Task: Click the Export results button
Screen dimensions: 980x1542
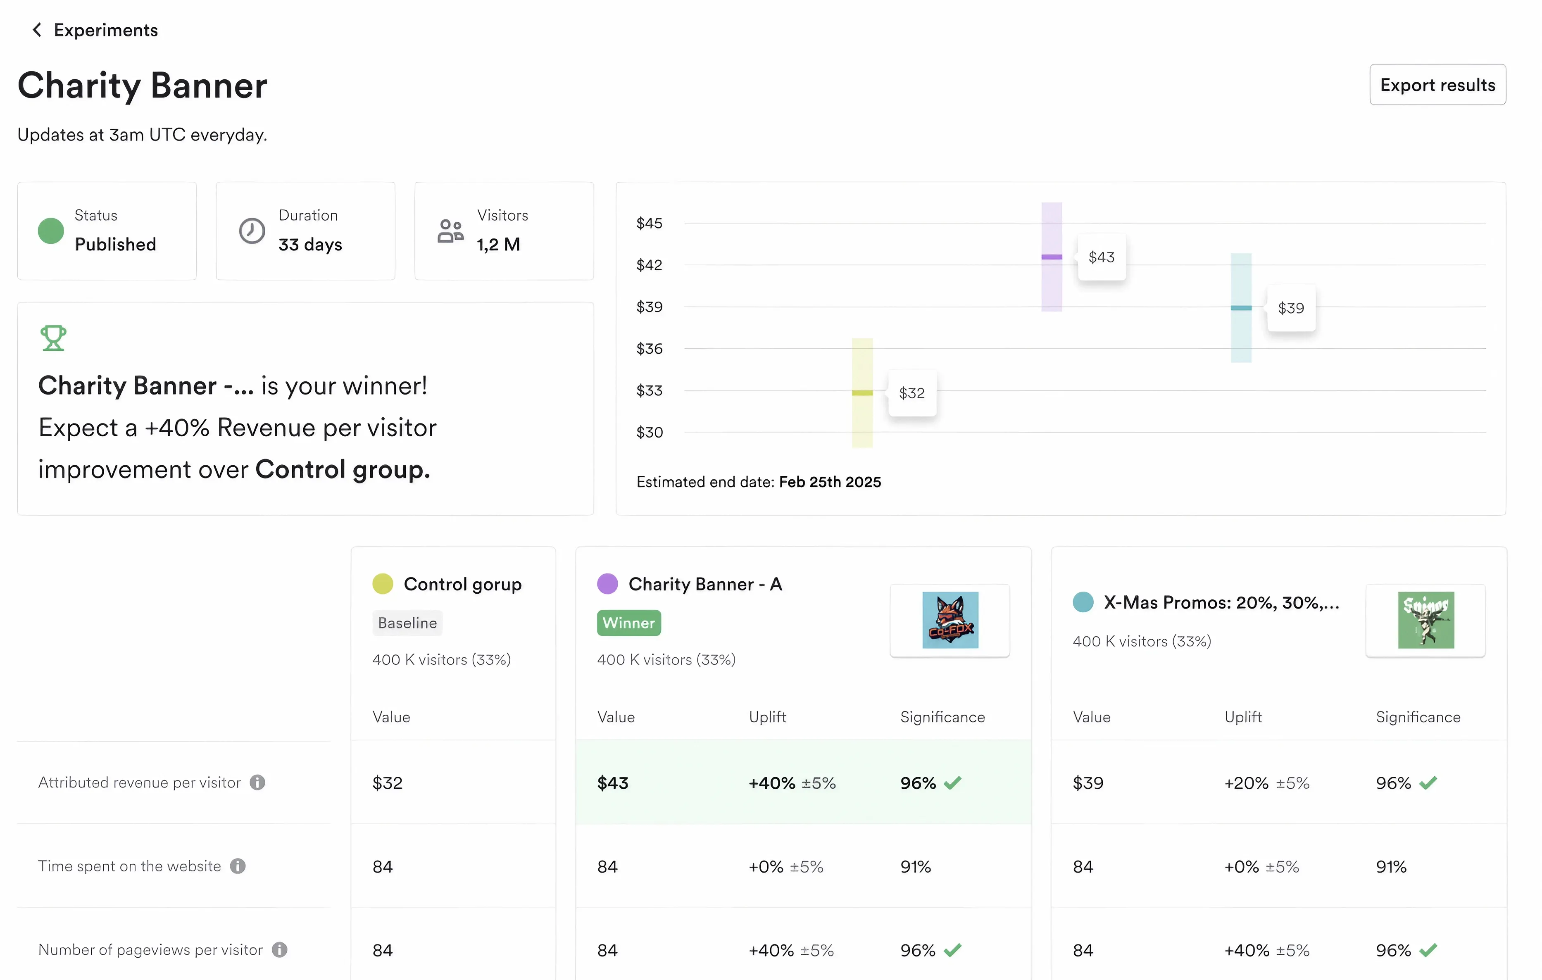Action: coord(1437,85)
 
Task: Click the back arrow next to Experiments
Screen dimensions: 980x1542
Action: coord(37,30)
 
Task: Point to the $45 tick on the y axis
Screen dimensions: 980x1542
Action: coord(649,223)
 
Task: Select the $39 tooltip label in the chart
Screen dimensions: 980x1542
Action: coord(1290,308)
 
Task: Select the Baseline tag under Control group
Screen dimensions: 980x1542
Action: coord(407,623)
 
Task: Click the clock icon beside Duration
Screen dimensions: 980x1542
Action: coord(252,231)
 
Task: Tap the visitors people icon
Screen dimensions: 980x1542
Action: coord(450,231)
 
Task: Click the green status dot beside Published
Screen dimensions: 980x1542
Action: coord(50,231)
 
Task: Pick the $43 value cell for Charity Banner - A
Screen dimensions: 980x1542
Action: coord(613,783)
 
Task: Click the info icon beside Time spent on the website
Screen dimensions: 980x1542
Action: coord(238,866)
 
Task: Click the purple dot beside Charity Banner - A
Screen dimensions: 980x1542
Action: coord(607,583)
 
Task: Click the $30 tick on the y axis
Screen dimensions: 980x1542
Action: coord(649,432)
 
